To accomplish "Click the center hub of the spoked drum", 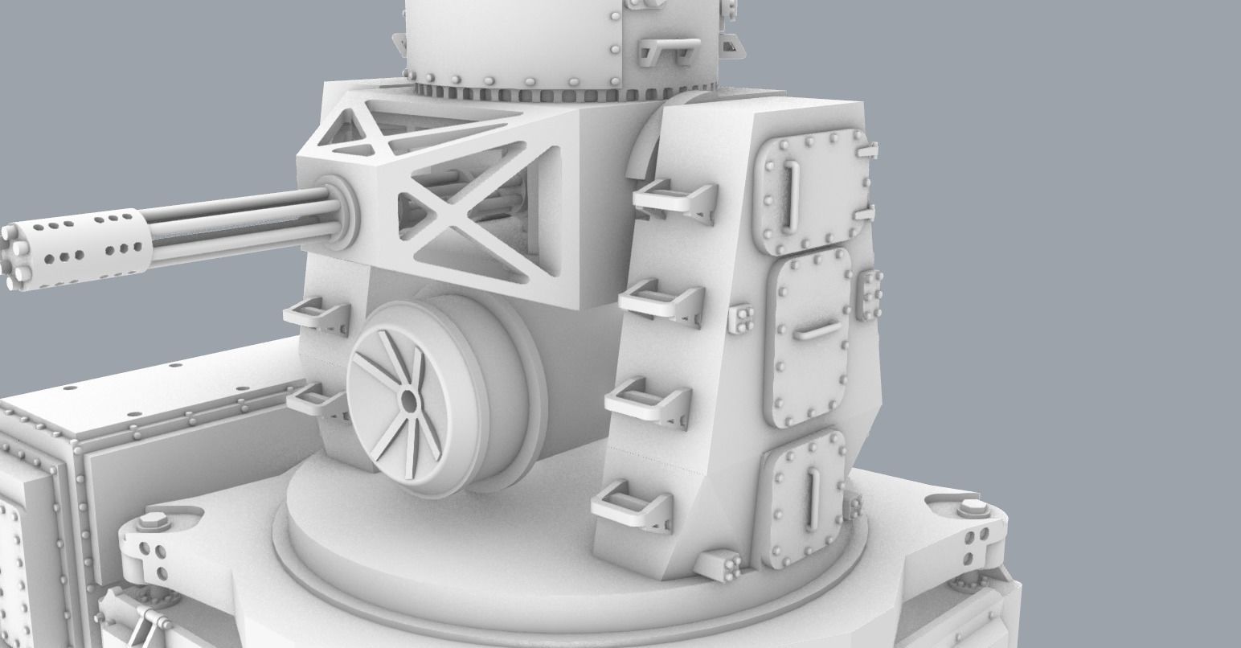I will [x=409, y=400].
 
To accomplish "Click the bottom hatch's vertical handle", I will [x=814, y=497].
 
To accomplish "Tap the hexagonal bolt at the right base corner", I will [x=972, y=508].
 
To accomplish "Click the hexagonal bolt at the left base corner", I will [x=150, y=522].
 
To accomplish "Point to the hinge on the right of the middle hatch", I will [x=870, y=294].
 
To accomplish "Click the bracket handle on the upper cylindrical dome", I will [x=664, y=52].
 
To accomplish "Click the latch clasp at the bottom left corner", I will [x=149, y=621].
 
